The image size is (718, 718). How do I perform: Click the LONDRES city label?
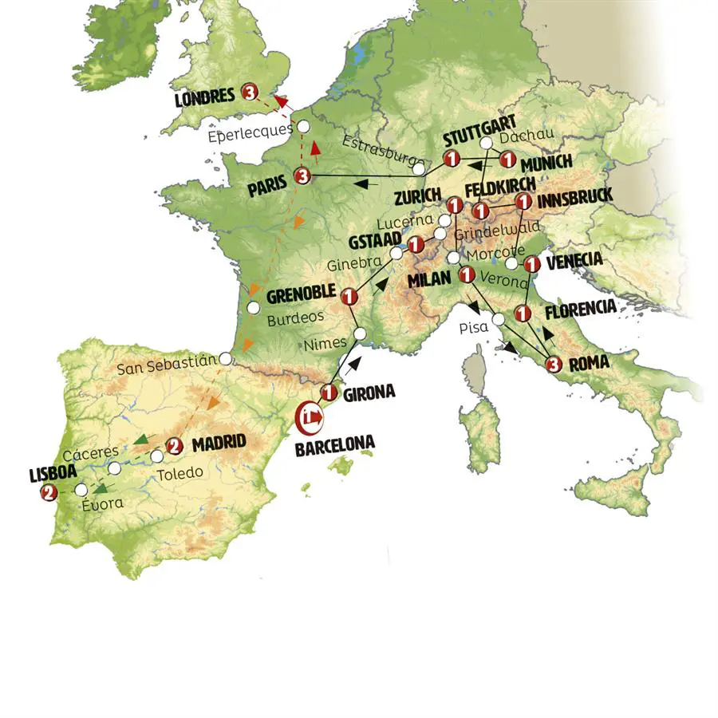(x=204, y=97)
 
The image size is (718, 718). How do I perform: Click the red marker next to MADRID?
(x=175, y=446)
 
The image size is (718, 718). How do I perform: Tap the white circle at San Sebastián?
(x=227, y=360)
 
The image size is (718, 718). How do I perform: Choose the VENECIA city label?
(x=574, y=260)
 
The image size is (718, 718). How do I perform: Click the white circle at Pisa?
(x=498, y=319)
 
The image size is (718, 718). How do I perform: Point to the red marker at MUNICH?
(x=506, y=160)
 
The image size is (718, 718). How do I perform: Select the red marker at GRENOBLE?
(x=347, y=298)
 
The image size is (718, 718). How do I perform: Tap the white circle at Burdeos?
(x=254, y=307)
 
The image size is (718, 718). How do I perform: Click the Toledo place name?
(x=179, y=473)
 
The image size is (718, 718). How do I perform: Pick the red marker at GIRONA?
(x=328, y=392)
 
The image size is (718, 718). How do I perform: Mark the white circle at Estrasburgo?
(x=419, y=168)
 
